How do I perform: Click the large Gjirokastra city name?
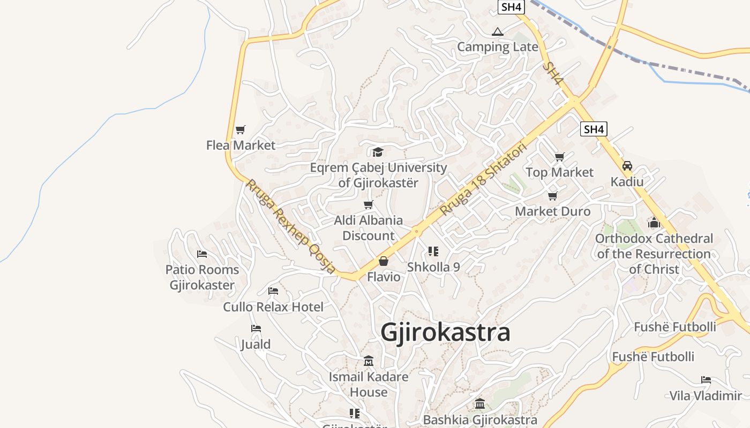tap(445, 332)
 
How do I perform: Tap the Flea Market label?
tap(241, 145)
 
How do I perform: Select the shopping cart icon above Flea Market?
tap(241, 129)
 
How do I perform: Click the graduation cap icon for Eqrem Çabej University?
tap(378, 152)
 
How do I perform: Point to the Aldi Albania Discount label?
tap(369, 228)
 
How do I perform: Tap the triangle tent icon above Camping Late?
tap(498, 32)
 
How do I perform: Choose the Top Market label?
tap(559, 172)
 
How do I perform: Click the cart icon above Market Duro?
tap(552, 196)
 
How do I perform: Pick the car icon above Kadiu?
tap(627, 166)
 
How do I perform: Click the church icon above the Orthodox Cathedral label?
tap(654, 222)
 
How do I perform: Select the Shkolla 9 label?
tap(433, 266)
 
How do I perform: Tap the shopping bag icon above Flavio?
tap(384, 261)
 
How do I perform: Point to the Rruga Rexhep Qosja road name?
tap(290, 226)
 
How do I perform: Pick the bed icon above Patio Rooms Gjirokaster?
tap(202, 254)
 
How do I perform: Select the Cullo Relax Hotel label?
tap(273, 307)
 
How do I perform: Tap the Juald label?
tap(256, 344)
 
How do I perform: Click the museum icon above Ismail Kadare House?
tap(369, 361)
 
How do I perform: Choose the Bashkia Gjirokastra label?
tap(480, 420)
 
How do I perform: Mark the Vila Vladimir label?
tap(706, 396)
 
